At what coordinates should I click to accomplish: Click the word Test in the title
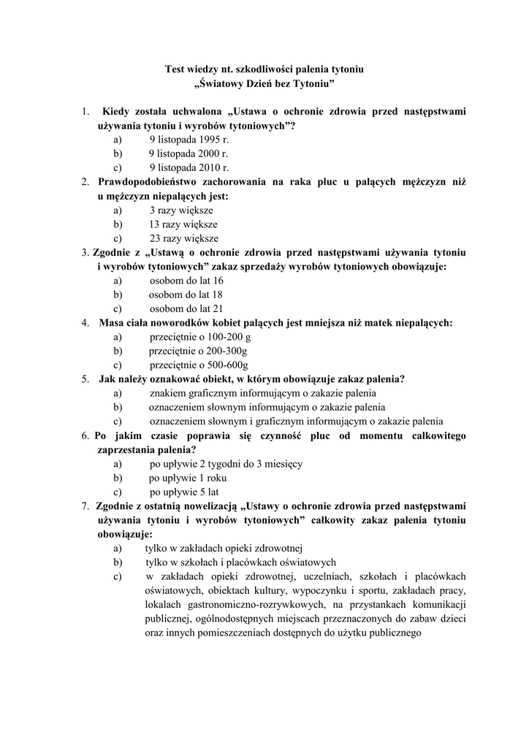coord(176,69)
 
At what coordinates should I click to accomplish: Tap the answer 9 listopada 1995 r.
coord(179,140)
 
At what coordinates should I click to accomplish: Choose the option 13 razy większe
coord(183,224)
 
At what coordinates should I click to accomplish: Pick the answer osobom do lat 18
coord(186,294)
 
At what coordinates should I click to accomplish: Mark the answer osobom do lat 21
coord(186,308)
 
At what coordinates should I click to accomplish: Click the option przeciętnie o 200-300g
coord(197,351)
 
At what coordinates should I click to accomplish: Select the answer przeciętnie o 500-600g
coord(199,365)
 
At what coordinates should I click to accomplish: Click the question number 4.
coord(85,323)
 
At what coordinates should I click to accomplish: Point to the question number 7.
coord(85,505)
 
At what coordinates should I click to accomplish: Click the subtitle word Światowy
coord(223,84)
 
